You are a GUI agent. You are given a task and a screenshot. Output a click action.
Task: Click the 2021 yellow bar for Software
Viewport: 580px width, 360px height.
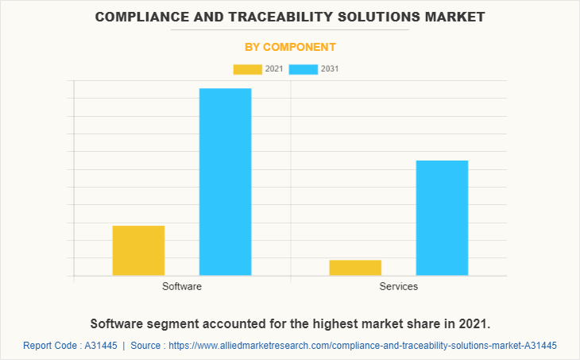click(x=138, y=250)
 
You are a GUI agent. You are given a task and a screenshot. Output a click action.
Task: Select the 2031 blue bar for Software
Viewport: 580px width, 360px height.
click(x=225, y=182)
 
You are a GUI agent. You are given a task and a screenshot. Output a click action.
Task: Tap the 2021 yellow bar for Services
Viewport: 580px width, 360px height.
click(x=355, y=268)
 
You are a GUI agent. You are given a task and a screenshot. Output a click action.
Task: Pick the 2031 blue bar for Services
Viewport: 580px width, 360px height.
click(x=442, y=218)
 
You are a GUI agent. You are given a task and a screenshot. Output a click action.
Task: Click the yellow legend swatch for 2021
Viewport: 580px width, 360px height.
click(x=248, y=69)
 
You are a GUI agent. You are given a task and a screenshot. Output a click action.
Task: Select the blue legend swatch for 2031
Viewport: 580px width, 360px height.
click(x=304, y=69)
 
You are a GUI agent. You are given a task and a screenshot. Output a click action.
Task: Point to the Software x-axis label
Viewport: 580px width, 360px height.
click(x=182, y=286)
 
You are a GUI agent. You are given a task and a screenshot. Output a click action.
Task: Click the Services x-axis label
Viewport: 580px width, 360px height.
click(x=399, y=286)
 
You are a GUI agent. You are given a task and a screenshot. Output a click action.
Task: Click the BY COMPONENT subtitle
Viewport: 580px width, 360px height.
click(x=290, y=47)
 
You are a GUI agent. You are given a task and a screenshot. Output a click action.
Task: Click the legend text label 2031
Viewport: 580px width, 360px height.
click(x=330, y=69)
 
